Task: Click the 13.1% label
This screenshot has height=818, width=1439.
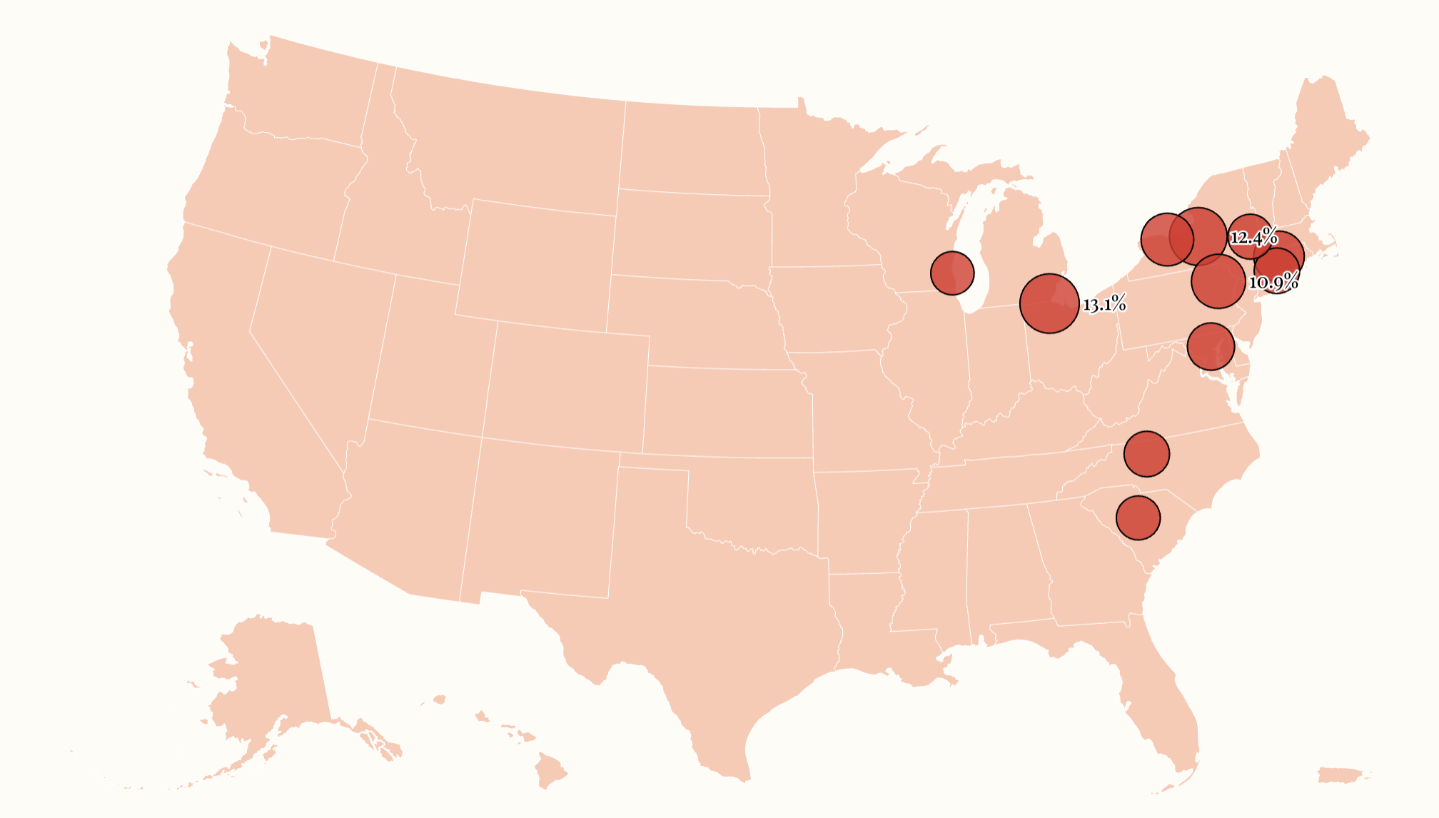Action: pos(1104,305)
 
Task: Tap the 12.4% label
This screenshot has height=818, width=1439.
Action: pos(1253,237)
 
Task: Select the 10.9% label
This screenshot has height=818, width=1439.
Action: pos(1273,282)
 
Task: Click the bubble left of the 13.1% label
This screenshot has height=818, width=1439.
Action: pos(1049,303)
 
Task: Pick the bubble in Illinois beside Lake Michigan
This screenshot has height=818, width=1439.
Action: pos(952,273)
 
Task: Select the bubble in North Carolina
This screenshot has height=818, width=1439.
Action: pos(1146,453)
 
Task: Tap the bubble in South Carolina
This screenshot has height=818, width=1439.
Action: pos(1138,517)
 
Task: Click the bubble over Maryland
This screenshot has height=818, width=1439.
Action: pos(1211,346)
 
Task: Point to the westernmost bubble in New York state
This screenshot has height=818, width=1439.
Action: pos(1167,239)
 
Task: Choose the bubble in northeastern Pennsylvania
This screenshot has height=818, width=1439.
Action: pos(1218,281)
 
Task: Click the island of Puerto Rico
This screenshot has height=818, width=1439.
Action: pos(1342,775)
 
